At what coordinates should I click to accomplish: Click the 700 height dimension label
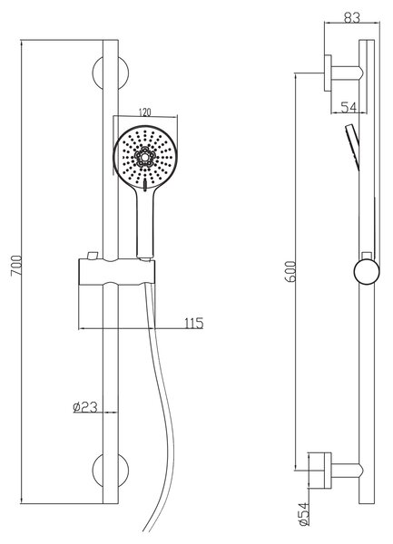16,266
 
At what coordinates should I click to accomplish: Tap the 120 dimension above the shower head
145,112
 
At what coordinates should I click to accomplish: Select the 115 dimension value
193,324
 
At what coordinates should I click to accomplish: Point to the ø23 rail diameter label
85,407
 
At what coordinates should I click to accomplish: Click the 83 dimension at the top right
352,18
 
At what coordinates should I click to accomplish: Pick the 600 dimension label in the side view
290,272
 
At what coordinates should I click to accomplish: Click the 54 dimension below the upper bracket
349,108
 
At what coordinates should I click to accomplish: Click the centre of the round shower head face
145,157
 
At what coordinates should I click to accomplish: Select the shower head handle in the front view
145,222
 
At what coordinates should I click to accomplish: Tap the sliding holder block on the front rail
117,272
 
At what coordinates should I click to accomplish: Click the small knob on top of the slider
93,256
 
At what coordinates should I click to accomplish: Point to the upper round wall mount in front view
111,73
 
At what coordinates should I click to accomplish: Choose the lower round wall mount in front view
111,470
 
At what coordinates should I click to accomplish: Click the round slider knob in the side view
367,272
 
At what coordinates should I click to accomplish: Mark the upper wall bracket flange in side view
328,73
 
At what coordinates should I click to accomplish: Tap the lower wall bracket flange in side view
328,471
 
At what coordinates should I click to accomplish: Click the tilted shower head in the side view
352,147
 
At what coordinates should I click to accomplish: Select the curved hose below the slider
160,410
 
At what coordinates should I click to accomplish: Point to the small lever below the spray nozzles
145,184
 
